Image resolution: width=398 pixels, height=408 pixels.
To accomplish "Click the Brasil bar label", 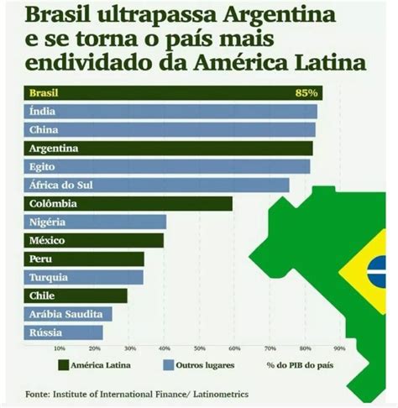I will [x=44, y=93].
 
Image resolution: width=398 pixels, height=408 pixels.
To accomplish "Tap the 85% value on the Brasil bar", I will [x=306, y=93].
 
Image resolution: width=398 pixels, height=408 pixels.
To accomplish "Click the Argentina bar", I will [x=168, y=149].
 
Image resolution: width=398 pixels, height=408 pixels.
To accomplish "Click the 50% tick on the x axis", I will [x=199, y=348].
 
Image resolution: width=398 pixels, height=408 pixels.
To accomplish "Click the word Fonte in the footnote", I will [x=37, y=392].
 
